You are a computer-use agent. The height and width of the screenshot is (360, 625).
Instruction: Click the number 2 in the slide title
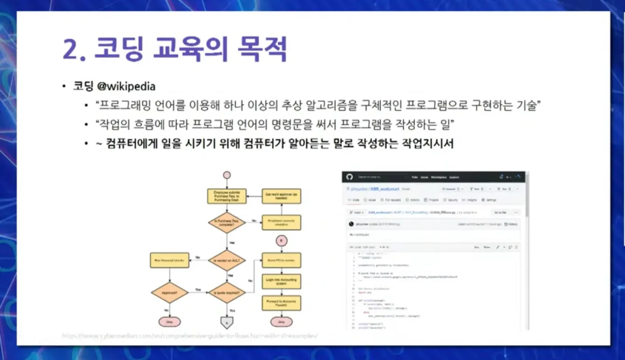(x=71, y=50)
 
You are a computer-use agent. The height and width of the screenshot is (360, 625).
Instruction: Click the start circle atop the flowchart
(x=227, y=175)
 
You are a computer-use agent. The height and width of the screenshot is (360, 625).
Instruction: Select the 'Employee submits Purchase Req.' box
(x=227, y=196)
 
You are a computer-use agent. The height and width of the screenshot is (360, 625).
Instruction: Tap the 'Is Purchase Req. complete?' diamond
(x=227, y=222)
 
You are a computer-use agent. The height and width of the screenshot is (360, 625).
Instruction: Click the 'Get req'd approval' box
(x=281, y=196)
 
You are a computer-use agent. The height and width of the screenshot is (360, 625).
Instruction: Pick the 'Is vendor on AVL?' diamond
(x=227, y=260)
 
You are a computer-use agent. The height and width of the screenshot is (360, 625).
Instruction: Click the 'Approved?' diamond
(x=169, y=292)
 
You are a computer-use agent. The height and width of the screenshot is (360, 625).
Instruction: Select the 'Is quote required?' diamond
(x=227, y=292)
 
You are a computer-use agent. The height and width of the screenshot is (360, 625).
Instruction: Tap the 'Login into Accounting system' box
(x=281, y=281)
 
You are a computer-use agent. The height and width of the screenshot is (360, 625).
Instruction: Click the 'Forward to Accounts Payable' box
(x=281, y=303)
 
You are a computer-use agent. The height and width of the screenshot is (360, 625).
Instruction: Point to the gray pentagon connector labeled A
(x=227, y=323)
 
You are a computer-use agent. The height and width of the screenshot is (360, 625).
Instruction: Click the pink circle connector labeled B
(x=281, y=241)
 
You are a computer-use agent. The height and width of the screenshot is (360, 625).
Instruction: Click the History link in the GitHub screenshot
(x=511, y=224)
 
